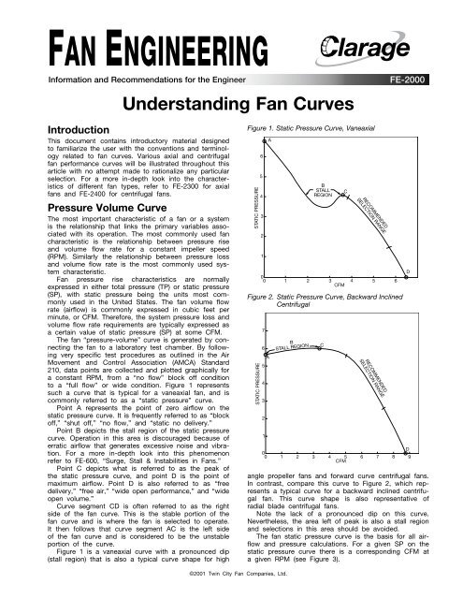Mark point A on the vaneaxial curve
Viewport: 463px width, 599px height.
[270, 140]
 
